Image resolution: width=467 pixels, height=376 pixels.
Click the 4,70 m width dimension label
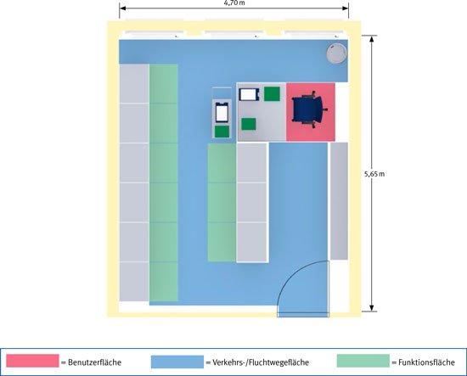coord(234,3)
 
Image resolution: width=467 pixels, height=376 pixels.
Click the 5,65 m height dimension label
coord(374,174)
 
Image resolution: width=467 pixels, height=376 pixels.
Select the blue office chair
coord(309,109)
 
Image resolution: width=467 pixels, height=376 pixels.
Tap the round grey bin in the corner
coord(336,53)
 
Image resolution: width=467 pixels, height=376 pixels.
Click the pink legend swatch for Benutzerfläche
coord(32,361)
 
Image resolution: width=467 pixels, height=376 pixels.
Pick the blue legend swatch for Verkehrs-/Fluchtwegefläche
coord(177,362)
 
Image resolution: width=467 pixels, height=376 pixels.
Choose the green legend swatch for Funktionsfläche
coord(363,361)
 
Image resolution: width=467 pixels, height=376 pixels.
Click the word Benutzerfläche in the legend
coord(95,362)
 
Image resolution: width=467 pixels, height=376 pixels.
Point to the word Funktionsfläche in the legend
coord(426,362)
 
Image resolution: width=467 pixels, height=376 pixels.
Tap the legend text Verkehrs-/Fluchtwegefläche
coord(261,362)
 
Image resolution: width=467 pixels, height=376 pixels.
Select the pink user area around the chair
coord(311,112)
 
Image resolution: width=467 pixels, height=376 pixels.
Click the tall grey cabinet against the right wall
coord(339,201)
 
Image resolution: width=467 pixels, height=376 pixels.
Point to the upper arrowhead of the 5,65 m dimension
coord(371,39)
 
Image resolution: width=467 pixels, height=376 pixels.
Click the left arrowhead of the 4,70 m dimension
coord(122,8)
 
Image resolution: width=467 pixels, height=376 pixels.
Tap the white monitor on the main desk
coord(248,94)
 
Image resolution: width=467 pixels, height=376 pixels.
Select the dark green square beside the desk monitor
coord(272,93)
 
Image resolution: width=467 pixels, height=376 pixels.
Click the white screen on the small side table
coord(222,112)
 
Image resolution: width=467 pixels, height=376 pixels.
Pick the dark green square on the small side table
coord(222,132)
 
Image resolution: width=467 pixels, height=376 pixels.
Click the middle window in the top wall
coord(233,34)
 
